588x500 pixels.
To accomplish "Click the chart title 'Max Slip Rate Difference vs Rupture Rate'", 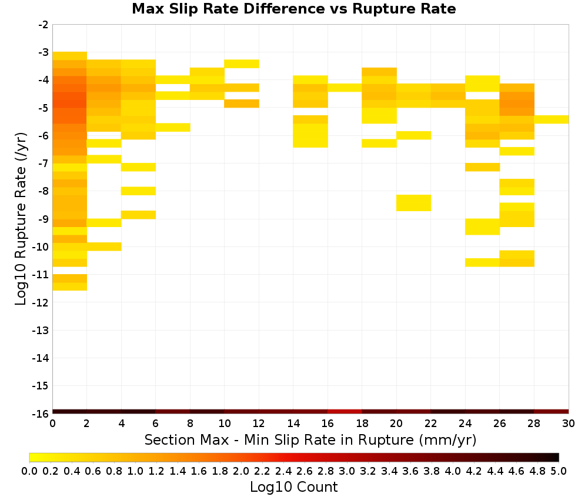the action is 293,9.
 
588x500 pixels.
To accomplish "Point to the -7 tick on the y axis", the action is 44,164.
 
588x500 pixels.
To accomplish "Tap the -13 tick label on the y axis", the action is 41,330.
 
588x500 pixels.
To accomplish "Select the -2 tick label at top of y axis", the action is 44,25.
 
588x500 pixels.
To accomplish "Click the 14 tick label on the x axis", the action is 293,424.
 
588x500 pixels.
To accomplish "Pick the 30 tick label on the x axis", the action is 569,424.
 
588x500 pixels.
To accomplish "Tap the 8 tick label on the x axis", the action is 190,424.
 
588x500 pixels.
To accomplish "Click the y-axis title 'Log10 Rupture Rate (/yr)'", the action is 21,219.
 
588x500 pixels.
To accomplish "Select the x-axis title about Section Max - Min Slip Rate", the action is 310,439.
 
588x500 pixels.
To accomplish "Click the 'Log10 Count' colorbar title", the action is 293,487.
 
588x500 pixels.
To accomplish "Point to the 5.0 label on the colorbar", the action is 559,471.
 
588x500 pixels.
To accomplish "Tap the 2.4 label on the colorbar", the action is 283,471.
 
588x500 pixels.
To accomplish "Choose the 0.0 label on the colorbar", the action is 29,471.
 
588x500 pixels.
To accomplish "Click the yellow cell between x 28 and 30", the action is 552,119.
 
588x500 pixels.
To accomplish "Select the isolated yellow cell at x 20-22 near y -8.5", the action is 413,203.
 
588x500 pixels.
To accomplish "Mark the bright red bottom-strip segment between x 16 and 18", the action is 345,412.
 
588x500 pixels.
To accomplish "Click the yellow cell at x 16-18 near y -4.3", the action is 345,88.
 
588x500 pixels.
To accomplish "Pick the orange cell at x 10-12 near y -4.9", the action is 242,104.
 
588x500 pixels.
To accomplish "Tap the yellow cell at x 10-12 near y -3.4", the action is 242,64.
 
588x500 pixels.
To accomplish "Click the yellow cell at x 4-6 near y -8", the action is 138,191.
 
